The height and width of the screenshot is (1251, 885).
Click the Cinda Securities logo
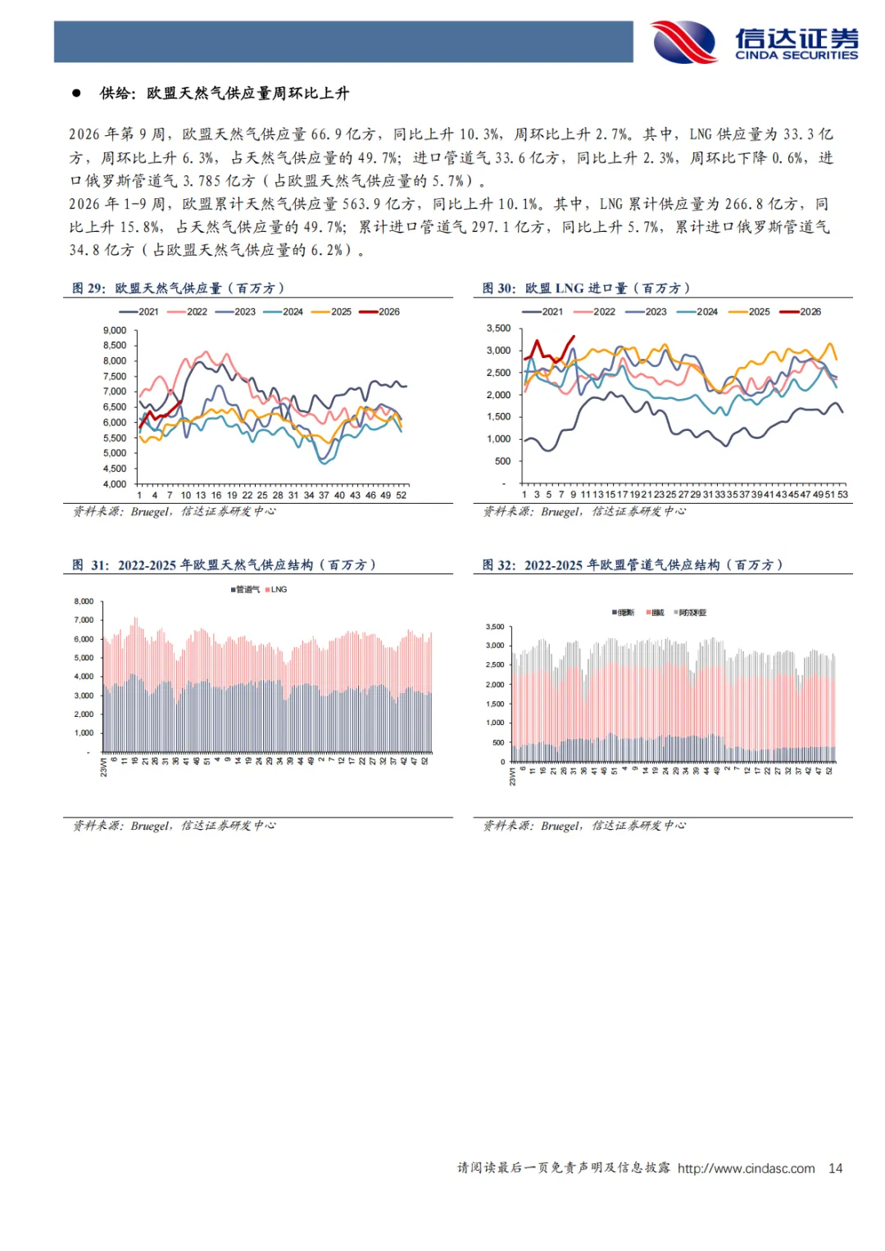pyautogui.click(x=754, y=42)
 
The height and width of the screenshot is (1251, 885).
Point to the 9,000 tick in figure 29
pyautogui.click(x=115, y=330)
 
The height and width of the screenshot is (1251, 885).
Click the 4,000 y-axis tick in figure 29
pyautogui.click(x=115, y=484)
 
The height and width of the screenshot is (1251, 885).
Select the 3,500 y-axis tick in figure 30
pyautogui.click(x=498, y=329)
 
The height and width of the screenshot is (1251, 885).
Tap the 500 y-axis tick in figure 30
pyautogui.click(x=502, y=461)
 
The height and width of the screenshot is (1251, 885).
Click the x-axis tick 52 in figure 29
pyautogui.click(x=402, y=496)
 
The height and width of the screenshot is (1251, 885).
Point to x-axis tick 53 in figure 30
pyautogui.click(x=842, y=495)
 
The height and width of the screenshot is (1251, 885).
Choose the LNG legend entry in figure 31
pyautogui.click(x=279, y=590)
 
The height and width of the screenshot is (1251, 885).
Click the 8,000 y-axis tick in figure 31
pyautogui.click(x=84, y=601)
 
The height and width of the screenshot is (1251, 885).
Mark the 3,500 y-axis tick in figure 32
pyautogui.click(x=495, y=627)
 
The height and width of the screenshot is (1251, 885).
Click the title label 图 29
pyautogui.click(x=88, y=288)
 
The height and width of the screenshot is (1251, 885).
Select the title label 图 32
pyautogui.click(x=498, y=565)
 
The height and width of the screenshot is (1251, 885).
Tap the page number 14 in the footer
pyautogui.click(x=835, y=1168)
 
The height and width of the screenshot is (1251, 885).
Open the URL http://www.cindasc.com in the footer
pyautogui.click(x=746, y=1168)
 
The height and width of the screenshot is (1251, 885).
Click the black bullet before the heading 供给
pyautogui.click(x=76, y=93)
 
